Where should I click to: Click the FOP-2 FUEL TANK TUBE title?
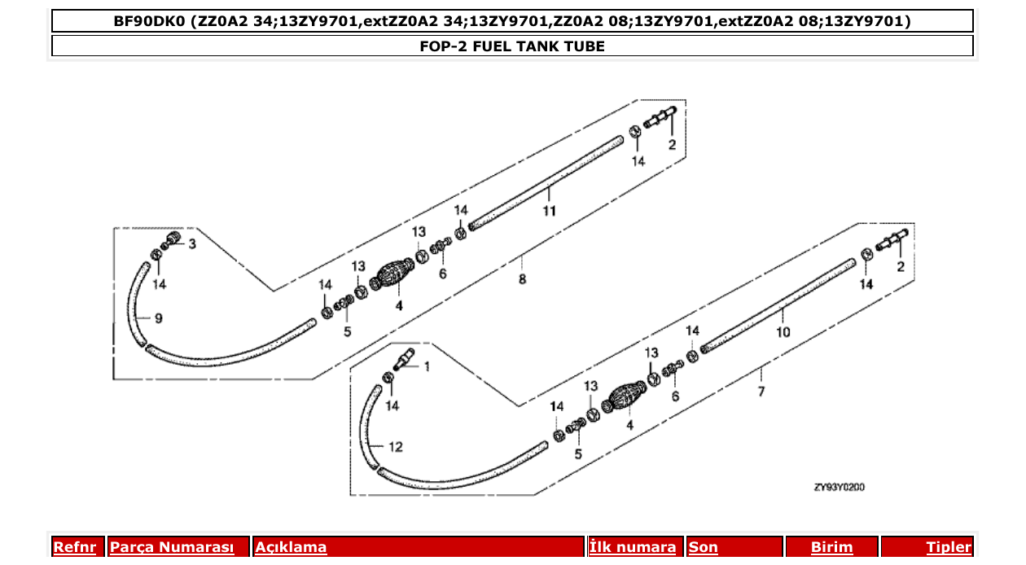pyautogui.click(x=512, y=46)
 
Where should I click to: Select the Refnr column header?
pyautogui.click(x=75, y=547)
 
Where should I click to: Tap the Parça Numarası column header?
pyautogui.click(x=172, y=547)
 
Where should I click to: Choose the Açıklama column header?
pyautogui.click(x=292, y=547)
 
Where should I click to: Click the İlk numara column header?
pyautogui.click(x=633, y=547)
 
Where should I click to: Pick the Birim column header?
pyautogui.click(x=831, y=547)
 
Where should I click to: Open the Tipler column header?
pyautogui.click(x=949, y=547)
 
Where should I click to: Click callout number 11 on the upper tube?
pyautogui.click(x=550, y=211)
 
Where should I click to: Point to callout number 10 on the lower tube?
pyautogui.click(x=783, y=332)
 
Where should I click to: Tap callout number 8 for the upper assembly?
pyautogui.click(x=522, y=278)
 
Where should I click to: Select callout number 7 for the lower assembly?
pyautogui.click(x=761, y=392)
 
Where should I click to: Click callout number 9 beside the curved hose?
pyautogui.click(x=158, y=318)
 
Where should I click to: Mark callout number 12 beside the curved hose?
pyautogui.click(x=395, y=447)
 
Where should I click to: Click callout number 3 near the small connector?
pyautogui.click(x=192, y=243)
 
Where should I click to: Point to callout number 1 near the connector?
pyautogui.click(x=425, y=366)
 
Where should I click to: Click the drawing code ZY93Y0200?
pyautogui.click(x=839, y=488)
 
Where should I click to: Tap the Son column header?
pyautogui.click(x=704, y=547)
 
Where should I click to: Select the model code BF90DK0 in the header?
pyautogui.click(x=151, y=21)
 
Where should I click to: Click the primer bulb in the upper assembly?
pyautogui.click(x=397, y=276)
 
